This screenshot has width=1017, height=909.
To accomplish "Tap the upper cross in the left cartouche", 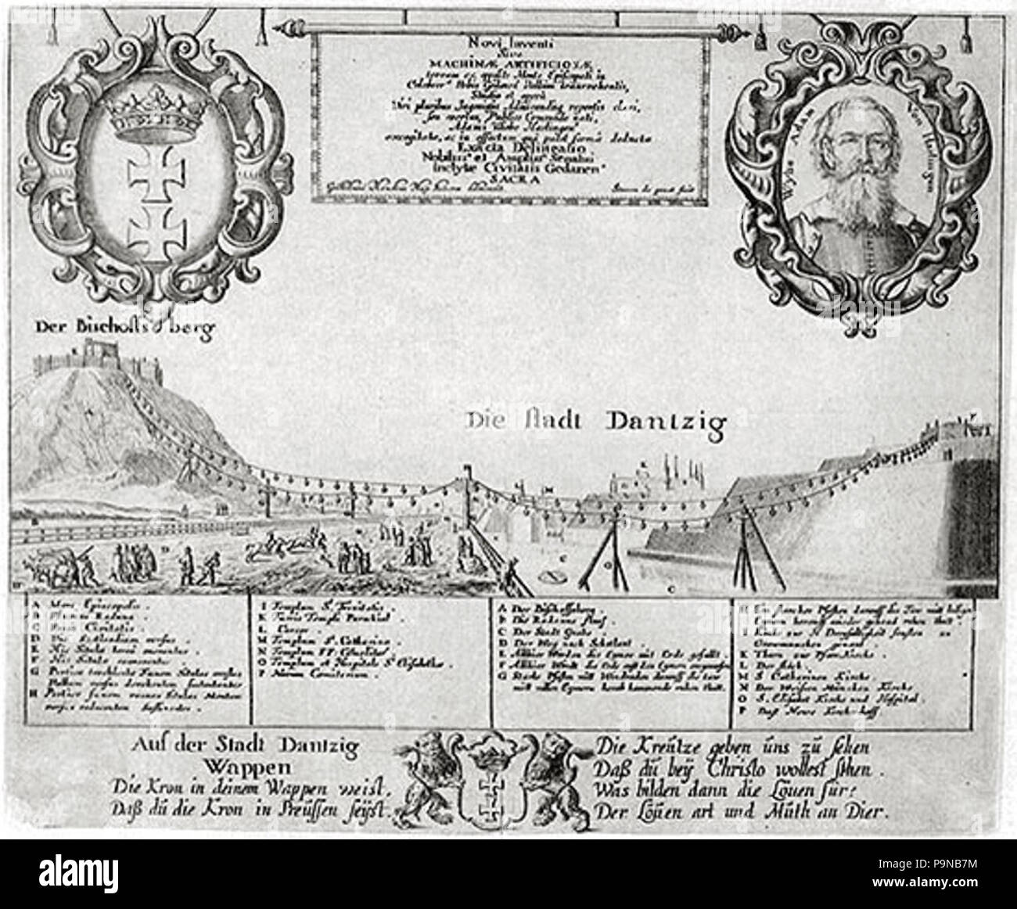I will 148,171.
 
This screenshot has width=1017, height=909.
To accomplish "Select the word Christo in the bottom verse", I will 716,765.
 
